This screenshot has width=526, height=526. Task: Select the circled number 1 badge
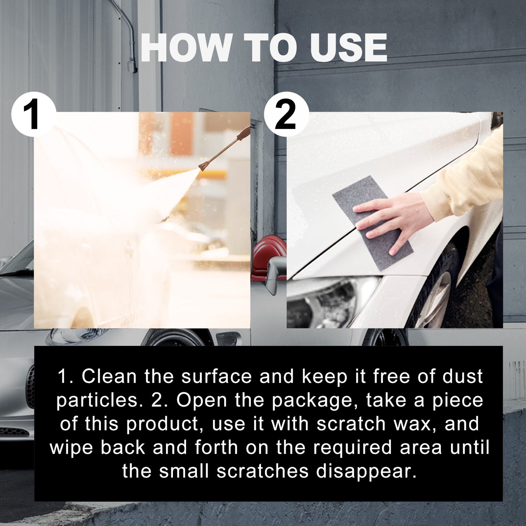pyautogui.click(x=33, y=114)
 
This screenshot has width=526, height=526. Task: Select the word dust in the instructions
pyautogui.click(x=462, y=376)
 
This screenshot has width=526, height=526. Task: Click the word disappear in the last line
pyautogui.click(x=366, y=471)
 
